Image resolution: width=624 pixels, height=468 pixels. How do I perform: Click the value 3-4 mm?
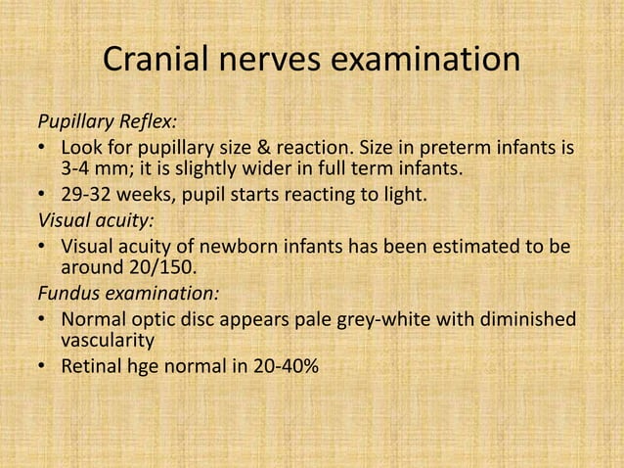coord(96,170)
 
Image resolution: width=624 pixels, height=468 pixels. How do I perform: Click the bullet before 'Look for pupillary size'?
coord(44,148)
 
